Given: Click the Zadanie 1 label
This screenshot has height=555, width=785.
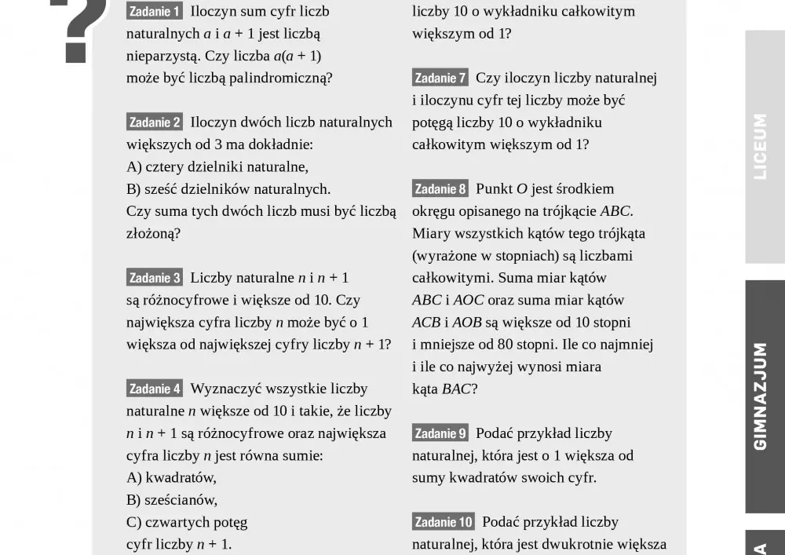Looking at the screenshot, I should [x=155, y=12].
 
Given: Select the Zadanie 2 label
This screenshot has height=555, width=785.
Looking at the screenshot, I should [x=155, y=122].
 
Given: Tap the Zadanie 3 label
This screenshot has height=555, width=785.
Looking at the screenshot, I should [x=155, y=278].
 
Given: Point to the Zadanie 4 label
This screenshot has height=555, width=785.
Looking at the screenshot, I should [x=155, y=389].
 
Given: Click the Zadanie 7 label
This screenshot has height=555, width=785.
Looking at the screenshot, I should [x=440, y=78].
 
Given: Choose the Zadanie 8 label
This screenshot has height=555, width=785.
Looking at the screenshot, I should [x=440, y=189].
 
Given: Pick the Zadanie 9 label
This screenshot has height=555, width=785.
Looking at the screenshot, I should [x=440, y=433].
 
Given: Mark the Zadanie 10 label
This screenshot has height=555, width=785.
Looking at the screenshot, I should [x=444, y=522].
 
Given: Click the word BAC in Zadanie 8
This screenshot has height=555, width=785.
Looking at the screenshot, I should [x=455, y=389].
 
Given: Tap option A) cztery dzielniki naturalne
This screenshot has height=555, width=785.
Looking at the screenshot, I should [x=217, y=166].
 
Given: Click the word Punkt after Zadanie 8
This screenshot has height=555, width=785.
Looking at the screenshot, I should [x=494, y=189].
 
